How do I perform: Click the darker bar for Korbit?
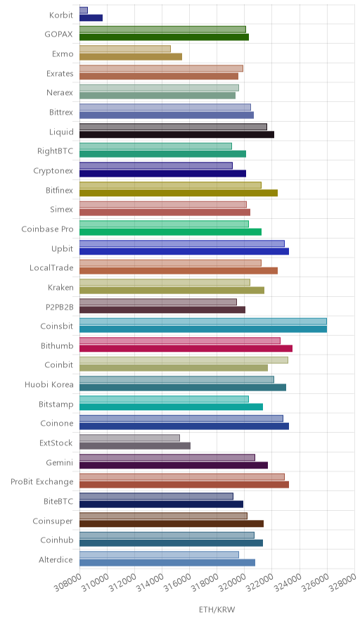(91, 18)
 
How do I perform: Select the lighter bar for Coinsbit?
(203, 322)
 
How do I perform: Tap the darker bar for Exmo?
(131, 57)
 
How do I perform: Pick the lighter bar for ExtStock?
(129, 438)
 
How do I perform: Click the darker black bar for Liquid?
(176, 134)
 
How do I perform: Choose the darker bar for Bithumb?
(186, 348)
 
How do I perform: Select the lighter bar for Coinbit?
(184, 360)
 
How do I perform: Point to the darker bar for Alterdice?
(167, 562)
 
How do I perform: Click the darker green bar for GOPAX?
(164, 37)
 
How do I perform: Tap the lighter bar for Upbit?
(182, 243)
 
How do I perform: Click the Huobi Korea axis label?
(49, 384)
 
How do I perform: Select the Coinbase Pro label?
(48, 229)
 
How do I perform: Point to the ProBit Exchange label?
(42, 481)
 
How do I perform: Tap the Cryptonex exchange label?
(53, 171)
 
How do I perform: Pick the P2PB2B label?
(60, 307)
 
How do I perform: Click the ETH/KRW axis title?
(217, 610)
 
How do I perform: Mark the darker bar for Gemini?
(174, 465)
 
